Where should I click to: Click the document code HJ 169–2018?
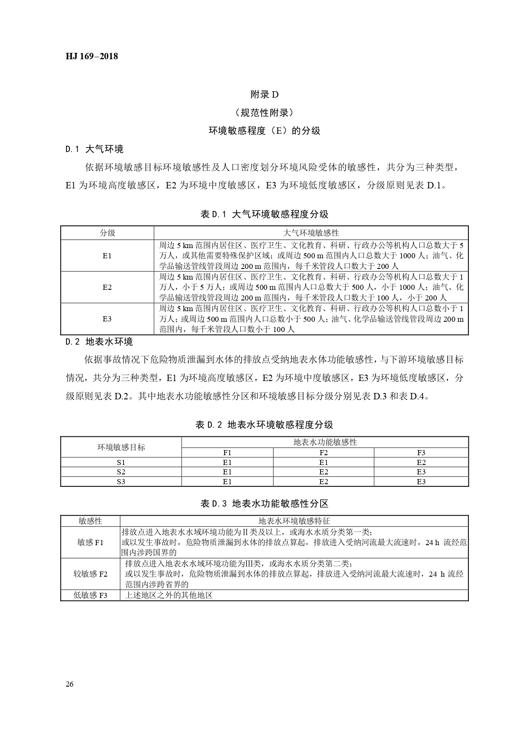[x=92, y=56]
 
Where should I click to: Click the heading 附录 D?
[x=264, y=94]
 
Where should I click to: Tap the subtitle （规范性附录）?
[x=264, y=113]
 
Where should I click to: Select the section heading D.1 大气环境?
[x=94, y=149]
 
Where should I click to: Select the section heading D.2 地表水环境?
[x=99, y=341]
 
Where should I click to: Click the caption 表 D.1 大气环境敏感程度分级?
[x=264, y=214]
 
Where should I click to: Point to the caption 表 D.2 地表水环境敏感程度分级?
[x=264, y=425]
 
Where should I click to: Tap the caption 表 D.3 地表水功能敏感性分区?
[x=264, y=503]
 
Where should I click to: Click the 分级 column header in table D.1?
[x=107, y=233]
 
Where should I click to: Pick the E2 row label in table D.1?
[x=107, y=287]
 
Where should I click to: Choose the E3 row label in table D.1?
[x=107, y=319]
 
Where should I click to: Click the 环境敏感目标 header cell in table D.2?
[x=121, y=447]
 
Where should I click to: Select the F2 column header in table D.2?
[x=324, y=453]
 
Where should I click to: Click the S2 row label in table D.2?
[x=121, y=472]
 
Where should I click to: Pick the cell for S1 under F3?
[x=421, y=462]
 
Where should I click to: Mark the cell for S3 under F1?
[x=227, y=482]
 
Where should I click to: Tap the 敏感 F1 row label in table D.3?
[x=90, y=542]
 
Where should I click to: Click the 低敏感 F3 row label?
[x=90, y=595]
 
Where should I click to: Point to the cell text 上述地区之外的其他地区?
[x=169, y=595]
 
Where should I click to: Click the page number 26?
[x=70, y=684]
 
